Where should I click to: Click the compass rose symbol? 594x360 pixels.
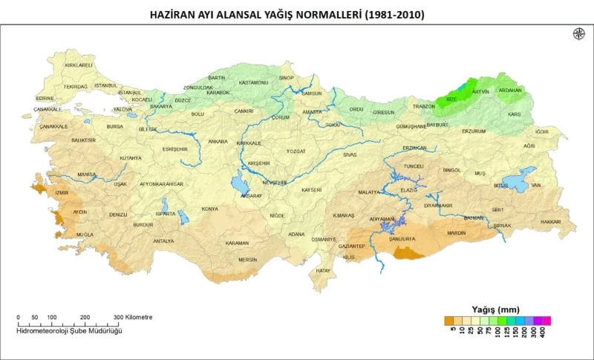click(x=578, y=33)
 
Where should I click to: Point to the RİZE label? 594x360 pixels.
click(x=451, y=99)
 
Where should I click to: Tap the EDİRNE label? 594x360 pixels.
click(x=45, y=98)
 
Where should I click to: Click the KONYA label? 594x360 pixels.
click(x=210, y=209)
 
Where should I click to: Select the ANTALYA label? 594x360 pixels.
click(x=163, y=240)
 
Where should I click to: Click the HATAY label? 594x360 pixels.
click(x=322, y=271)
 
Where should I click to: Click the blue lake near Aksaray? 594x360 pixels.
click(x=239, y=183)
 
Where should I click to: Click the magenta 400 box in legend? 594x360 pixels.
click(x=546, y=321)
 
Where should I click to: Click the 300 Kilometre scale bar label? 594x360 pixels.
click(x=134, y=317)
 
